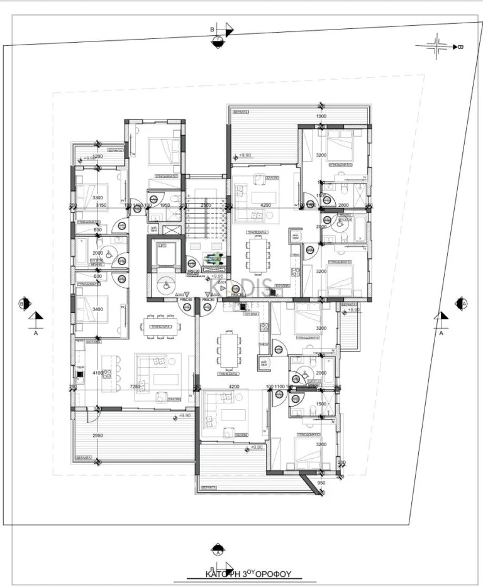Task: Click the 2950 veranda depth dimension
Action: point(97,436)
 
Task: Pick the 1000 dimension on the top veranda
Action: point(321,116)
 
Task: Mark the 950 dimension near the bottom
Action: point(321,483)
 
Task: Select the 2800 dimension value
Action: point(343,205)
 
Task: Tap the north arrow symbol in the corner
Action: point(438,46)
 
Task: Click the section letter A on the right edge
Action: point(441,333)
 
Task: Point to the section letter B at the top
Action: point(213,29)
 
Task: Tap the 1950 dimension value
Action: point(164,205)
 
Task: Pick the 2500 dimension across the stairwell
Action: point(205,205)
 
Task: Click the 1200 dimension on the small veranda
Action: point(97,156)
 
